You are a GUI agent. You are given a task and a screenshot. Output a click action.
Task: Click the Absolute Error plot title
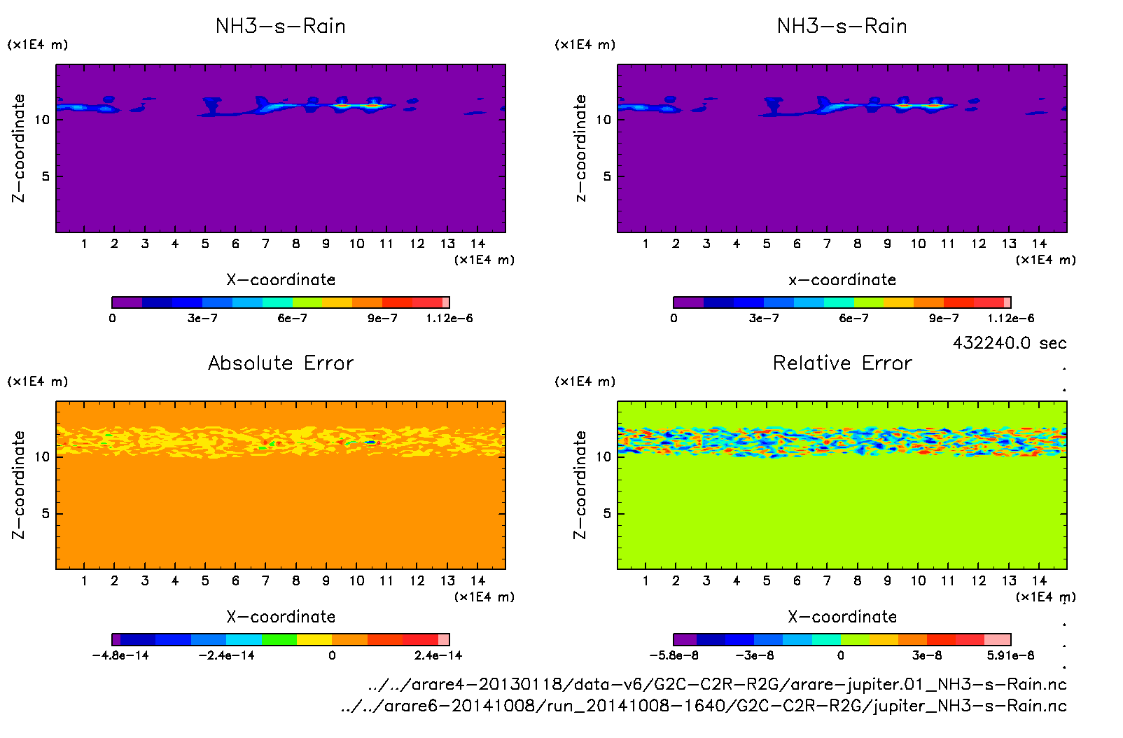pos(281,363)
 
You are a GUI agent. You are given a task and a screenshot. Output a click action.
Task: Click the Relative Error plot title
pos(842,363)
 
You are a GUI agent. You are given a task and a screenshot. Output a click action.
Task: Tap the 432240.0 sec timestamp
pos(1010,343)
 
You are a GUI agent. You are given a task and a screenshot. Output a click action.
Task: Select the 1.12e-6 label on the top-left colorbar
pos(449,319)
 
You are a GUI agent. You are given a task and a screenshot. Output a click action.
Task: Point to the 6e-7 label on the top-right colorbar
pos(853,319)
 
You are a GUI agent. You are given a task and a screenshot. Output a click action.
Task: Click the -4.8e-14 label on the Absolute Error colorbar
pos(120,655)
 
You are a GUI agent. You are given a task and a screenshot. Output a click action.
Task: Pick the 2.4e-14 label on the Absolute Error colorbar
pos(438,655)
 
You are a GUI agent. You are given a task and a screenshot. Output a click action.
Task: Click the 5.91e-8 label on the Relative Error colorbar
pos(1010,655)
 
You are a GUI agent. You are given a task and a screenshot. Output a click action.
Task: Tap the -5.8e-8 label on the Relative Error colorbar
pos(674,655)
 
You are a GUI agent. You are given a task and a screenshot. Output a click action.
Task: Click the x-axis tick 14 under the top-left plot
pos(477,244)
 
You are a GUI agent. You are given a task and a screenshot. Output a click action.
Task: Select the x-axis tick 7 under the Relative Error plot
pos(827,580)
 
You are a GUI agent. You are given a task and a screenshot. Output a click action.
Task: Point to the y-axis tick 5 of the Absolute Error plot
pos(46,513)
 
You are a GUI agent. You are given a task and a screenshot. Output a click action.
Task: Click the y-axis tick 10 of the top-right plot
pos(604,119)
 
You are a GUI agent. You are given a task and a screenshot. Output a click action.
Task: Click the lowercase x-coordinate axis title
pos(842,280)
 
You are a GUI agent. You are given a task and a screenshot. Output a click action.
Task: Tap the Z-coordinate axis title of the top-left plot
pos(18,148)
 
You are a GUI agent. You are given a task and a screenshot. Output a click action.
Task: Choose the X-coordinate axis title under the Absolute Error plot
pos(281,617)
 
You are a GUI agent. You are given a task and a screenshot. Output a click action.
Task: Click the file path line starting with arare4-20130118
pos(717,684)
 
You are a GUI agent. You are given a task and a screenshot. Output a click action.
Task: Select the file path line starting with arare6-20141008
pos(703,706)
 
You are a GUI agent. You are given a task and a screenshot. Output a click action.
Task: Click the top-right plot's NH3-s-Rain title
pos(842,26)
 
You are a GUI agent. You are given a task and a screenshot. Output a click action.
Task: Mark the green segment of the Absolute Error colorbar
pos(279,639)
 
